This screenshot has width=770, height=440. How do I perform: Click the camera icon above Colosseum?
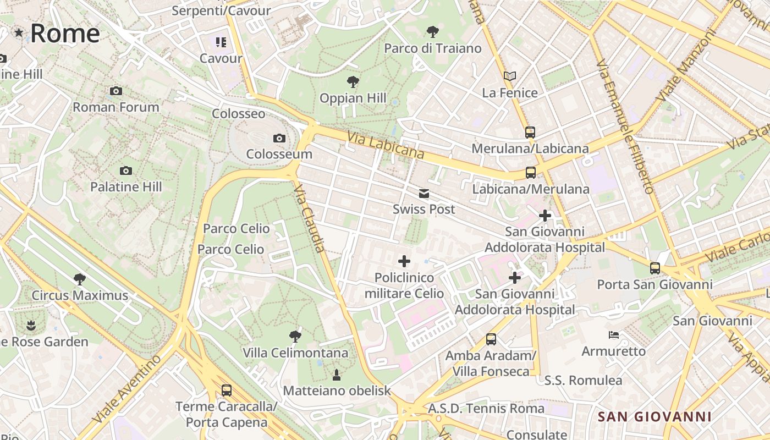click(279, 138)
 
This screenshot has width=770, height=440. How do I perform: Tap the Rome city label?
click(64, 33)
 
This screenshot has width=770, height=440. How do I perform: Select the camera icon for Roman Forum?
click(116, 91)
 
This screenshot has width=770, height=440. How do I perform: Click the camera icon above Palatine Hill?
click(126, 170)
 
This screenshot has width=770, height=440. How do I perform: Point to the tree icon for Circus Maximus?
click(80, 279)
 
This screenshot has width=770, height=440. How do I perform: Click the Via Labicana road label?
click(385, 144)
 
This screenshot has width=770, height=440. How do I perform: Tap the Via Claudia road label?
click(310, 218)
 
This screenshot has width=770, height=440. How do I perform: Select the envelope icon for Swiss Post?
click(424, 193)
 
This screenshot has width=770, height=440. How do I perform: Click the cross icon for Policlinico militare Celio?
click(404, 261)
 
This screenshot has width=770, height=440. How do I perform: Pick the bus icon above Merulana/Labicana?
click(530, 132)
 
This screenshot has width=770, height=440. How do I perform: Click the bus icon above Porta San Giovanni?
click(655, 268)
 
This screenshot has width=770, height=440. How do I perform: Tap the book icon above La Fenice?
click(510, 76)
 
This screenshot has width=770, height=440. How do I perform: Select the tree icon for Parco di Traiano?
click(433, 31)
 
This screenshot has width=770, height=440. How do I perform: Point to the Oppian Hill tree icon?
click(353, 82)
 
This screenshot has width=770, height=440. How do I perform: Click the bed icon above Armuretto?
click(614, 334)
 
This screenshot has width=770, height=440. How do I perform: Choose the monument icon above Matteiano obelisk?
click(337, 375)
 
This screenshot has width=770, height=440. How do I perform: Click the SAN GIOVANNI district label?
click(654, 417)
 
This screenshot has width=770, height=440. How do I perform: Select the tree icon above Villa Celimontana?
click(295, 336)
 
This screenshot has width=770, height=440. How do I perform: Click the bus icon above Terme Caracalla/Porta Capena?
click(227, 391)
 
